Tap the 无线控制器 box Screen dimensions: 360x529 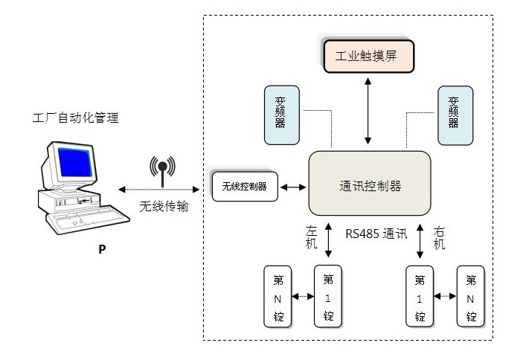pyautogui.click(x=244, y=186)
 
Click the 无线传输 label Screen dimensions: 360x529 pyautogui.click(x=164, y=206)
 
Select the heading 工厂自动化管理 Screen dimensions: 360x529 pyautogui.click(x=76, y=118)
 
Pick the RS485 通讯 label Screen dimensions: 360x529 pyautogui.click(x=376, y=234)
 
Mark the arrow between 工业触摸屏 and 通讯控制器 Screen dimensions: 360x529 pyautogui.click(x=368, y=111)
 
